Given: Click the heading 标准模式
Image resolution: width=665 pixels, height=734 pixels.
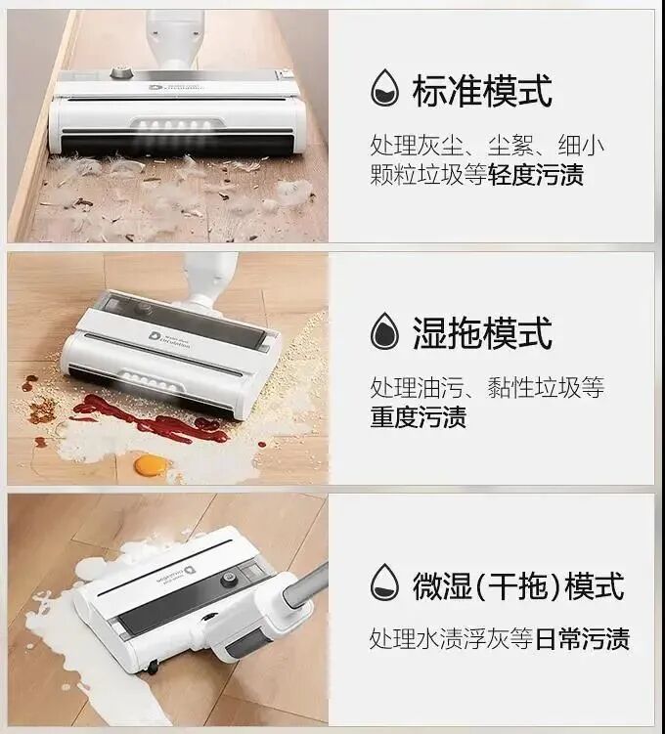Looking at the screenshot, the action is (482, 91).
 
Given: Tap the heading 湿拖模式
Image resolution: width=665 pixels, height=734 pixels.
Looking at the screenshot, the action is (482, 333).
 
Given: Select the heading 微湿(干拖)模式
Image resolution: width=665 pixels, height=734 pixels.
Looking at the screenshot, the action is (518, 585).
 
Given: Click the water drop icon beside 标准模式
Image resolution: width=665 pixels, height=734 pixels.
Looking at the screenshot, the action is (385, 88).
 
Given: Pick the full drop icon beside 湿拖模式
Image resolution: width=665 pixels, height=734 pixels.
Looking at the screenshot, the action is (385, 331).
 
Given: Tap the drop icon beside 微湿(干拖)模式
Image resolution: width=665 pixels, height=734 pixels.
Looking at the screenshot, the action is (385, 583).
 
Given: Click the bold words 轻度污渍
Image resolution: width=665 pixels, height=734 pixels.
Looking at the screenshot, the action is (536, 175).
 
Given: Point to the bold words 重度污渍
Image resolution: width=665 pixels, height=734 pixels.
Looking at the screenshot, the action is (419, 416).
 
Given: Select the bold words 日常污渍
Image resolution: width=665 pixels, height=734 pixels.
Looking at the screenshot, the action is (582, 638).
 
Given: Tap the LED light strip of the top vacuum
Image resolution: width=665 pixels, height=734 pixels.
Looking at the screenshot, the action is (177, 126).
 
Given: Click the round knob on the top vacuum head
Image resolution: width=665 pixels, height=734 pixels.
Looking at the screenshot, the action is (120, 72).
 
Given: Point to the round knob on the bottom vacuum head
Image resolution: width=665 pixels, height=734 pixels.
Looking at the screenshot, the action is (228, 580).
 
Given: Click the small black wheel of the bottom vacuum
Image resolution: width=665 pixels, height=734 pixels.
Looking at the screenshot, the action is (153, 668).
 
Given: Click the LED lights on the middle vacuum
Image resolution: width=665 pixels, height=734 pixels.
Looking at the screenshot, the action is (150, 381).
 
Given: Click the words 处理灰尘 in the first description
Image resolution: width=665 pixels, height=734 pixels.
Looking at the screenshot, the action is (417, 146).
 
